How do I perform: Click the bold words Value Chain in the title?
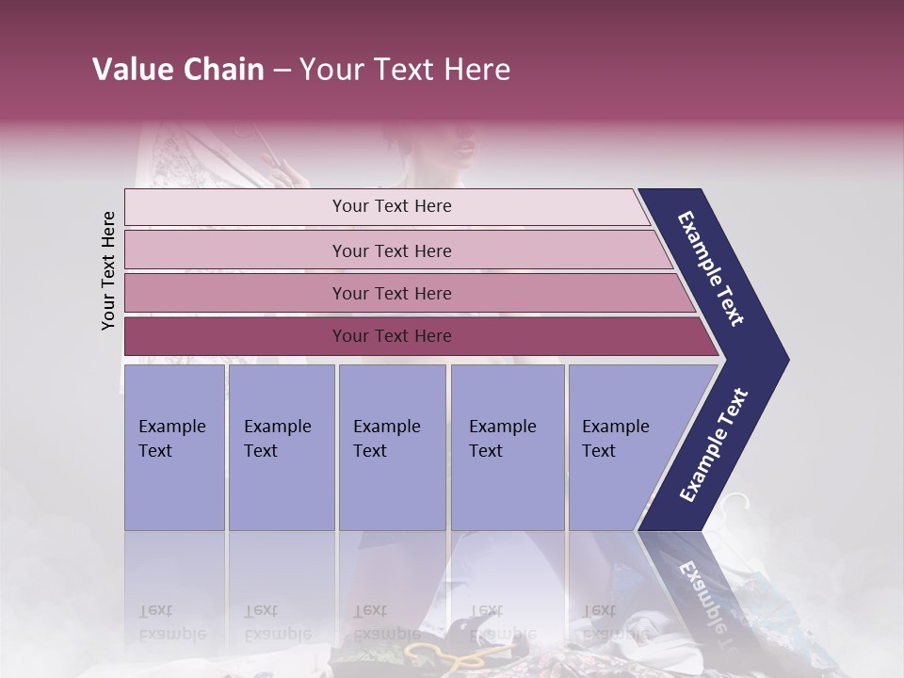pyautogui.click(x=178, y=70)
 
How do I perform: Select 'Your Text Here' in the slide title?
pyautogui.click(x=405, y=70)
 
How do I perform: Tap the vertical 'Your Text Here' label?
pyautogui.click(x=108, y=270)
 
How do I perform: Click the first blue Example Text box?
pyautogui.click(x=174, y=447)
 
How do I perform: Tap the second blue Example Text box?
pyautogui.click(x=281, y=447)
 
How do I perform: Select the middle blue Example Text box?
pyautogui.click(x=392, y=447)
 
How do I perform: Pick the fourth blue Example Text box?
pyautogui.click(x=508, y=447)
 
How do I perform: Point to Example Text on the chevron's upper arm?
pyautogui.click(x=711, y=268)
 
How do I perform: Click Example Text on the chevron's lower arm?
pyautogui.click(x=714, y=445)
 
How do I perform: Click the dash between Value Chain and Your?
pyautogui.click(x=282, y=71)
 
